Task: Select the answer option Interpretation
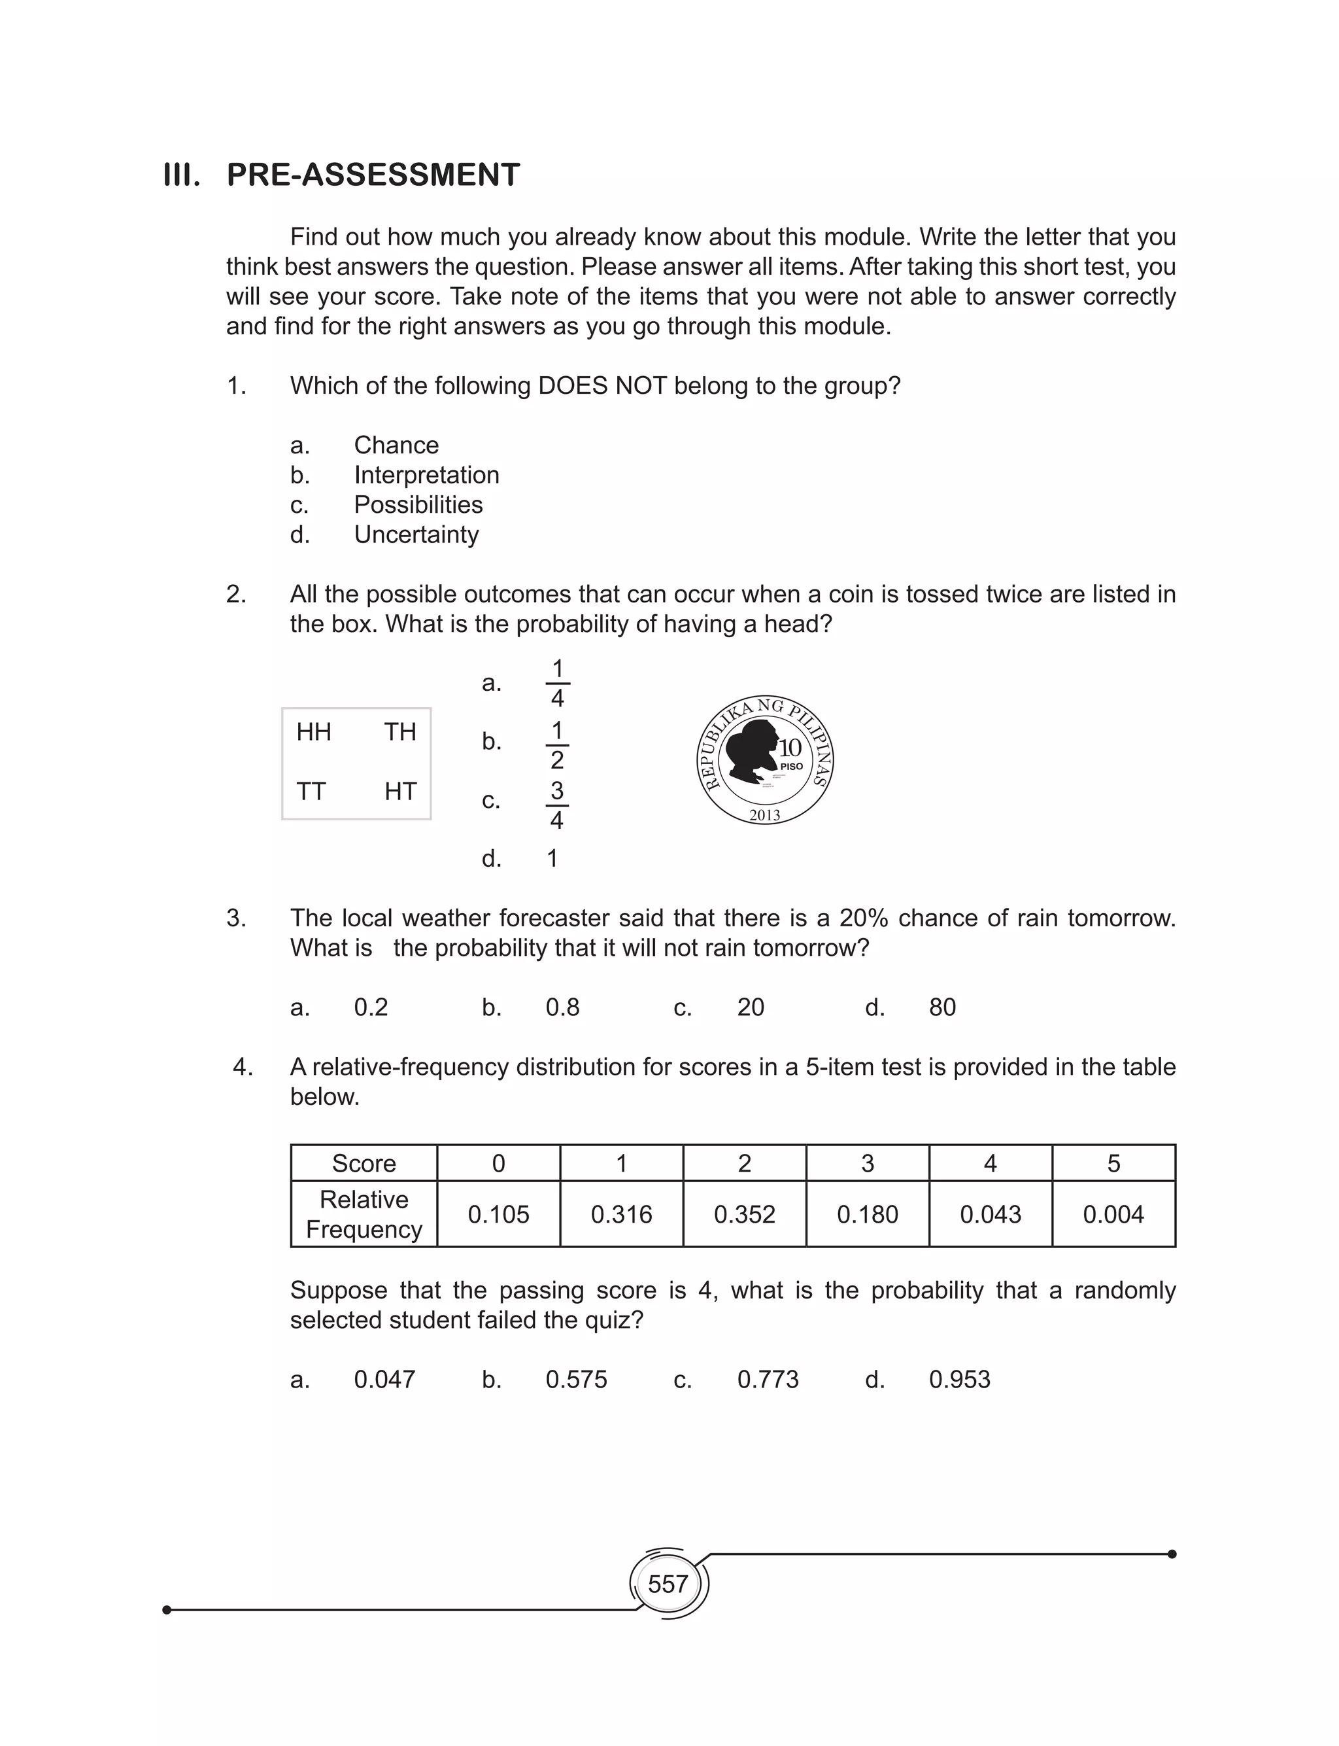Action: (426, 474)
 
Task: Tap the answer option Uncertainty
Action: (416, 534)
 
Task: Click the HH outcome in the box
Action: (313, 732)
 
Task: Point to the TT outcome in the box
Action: (311, 792)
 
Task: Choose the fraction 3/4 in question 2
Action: (556, 805)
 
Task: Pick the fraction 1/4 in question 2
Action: (557, 683)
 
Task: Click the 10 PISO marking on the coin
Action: (790, 754)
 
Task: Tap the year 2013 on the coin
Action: (764, 815)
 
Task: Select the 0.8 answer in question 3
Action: (562, 1007)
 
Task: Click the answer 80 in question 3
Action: (942, 1007)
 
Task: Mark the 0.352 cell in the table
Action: (745, 1214)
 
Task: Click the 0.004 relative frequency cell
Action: (1113, 1214)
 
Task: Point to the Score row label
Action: (364, 1163)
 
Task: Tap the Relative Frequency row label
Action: (364, 1214)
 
